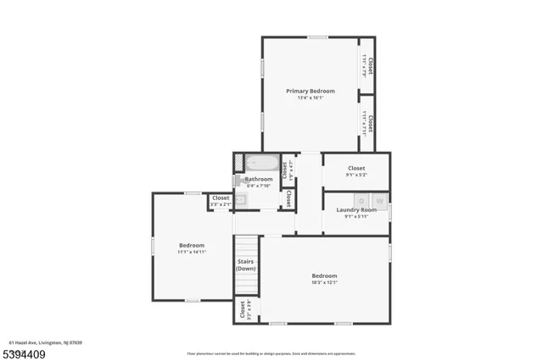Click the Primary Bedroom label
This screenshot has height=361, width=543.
[310, 91]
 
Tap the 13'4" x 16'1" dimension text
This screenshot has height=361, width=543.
[310, 98]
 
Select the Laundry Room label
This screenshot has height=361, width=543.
[356, 209]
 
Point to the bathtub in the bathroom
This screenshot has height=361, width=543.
[264, 164]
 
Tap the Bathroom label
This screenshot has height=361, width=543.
[259, 179]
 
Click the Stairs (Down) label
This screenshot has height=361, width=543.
[246, 265]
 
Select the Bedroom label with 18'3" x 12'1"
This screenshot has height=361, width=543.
[324, 275]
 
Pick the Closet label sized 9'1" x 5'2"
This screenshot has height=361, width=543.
[356, 169]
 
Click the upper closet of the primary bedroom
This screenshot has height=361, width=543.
[367, 64]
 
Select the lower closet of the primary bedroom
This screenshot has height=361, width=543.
[367, 123]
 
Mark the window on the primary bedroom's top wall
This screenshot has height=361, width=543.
[317, 36]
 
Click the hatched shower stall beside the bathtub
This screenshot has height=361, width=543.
[240, 163]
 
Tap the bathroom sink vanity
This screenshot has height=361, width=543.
[240, 200]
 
